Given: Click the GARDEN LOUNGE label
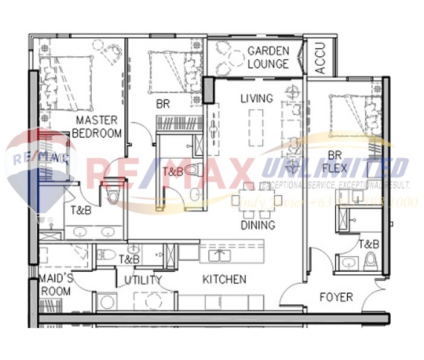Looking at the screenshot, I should (x=268, y=57).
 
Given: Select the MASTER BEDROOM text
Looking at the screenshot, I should (x=97, y=127).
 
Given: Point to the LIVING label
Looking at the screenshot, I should (x=256, y=98).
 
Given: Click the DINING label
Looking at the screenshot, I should (x=257, y=225).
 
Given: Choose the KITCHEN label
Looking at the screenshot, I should (x=224, y=279).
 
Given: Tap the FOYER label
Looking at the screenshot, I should (x=336, y=297).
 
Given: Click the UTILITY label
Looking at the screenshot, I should (x=143, y=280).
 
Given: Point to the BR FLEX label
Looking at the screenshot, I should (x=335, y=160).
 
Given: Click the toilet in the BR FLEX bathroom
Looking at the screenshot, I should (x=370, y=261).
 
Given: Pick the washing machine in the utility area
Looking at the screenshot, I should (x=108, y=301).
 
